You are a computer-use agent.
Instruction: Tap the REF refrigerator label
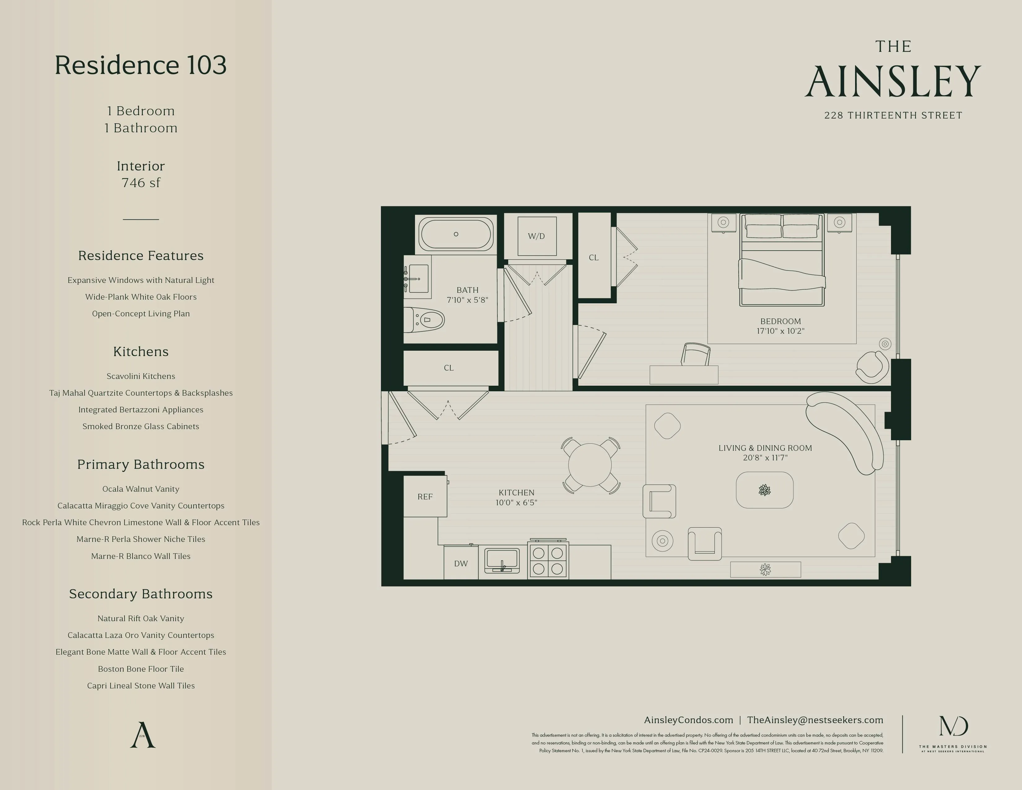pos(425,497)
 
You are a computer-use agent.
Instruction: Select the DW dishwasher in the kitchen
pos(461,564)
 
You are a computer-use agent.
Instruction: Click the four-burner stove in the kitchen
pos(548,561)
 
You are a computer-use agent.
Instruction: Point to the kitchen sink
pos(502,560)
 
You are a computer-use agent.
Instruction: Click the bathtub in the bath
pos(456,234)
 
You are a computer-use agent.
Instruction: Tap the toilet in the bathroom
pos(426,320)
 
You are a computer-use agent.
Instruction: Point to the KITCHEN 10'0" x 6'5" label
pos(516,498)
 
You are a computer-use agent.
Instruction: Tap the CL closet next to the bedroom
pos(594,257)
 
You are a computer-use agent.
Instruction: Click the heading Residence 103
pos(140,65)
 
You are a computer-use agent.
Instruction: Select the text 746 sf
pos(141,183)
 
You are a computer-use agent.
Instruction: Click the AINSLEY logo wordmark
pos(893,81)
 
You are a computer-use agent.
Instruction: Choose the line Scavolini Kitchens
pos(141,376)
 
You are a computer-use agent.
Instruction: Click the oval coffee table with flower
pos(765,490)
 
